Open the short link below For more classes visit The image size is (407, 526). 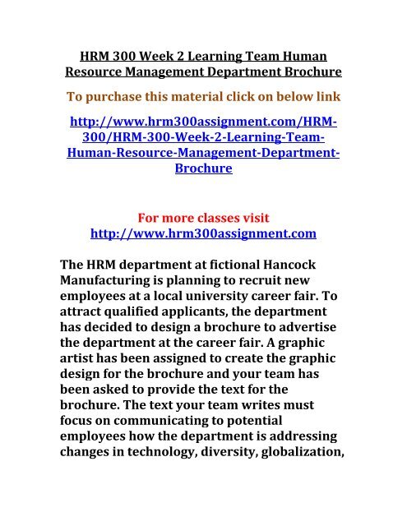point(204,235)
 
